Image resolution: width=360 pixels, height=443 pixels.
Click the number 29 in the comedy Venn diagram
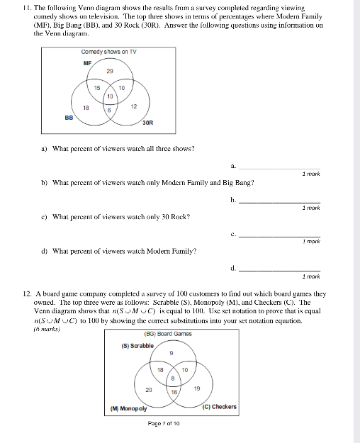[x=110, y=72]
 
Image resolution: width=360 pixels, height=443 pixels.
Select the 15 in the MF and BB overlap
[x=97, y=87]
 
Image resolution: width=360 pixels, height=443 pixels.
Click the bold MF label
[x=87, y=62]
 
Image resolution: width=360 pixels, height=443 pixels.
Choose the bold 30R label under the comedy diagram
[x=147, y=123]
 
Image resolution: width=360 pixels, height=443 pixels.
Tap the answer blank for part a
[x=279, y=168]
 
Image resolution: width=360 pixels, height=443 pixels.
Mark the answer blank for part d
[x=279, y=270]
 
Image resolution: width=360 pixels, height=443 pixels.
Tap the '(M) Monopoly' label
[x=129, y=408]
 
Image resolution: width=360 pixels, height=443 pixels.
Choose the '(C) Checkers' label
[x=220, y=407]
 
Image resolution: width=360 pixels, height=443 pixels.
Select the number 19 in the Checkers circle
[x=197, y=388]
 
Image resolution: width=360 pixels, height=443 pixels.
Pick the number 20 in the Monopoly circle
[x=148, y=390]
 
